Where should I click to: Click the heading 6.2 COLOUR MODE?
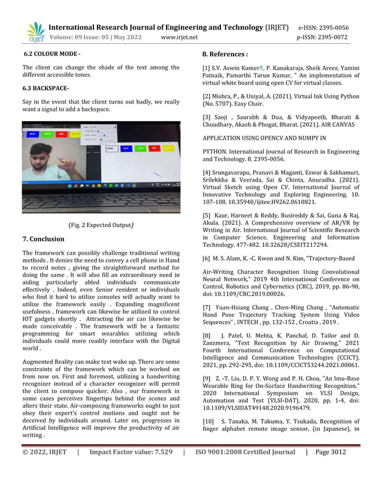[51, 55]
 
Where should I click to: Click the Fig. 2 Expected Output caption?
[101, 225]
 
